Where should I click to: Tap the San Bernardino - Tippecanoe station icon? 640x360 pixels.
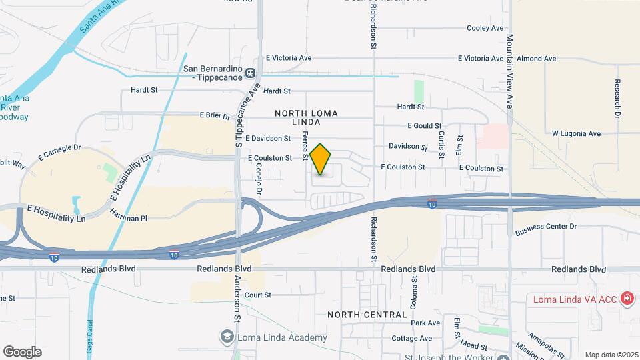coord(250,73)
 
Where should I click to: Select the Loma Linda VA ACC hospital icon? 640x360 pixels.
coord(626,299)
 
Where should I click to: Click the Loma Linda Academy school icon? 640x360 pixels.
coord(227,337)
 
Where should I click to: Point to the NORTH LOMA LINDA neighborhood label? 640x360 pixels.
coord(307,118)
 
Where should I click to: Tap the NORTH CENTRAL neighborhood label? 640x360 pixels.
coord(367,314)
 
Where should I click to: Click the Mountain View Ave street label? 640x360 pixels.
coord(509,71)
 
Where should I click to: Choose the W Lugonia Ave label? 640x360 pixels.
coord(576,133)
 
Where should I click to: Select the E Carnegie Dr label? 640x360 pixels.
coord(59,153)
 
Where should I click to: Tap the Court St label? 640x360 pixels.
coord(258,295)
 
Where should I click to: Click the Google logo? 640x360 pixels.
coord(22,351)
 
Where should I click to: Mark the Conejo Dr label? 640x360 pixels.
coord(259,177)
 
